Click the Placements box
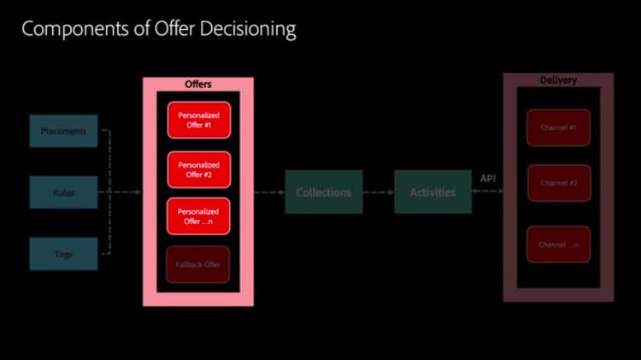(63, 131)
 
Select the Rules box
(63, 192)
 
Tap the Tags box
(63, 254)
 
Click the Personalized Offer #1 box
(198, 120)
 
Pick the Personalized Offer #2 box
(198, 169)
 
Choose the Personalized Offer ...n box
(198, 216)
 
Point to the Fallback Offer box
(198, 264)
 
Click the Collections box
(323, 192)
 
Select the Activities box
(432, 192)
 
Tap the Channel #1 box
(558, 127)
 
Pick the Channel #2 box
(558, 183)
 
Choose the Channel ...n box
(558, 245)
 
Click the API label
(487, 178)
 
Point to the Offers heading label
(198, 85)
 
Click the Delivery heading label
(558, 80)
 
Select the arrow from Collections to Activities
(378, 192)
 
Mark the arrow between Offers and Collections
(269, 192)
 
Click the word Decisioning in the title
(244, 29)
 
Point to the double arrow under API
(487, 192)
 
